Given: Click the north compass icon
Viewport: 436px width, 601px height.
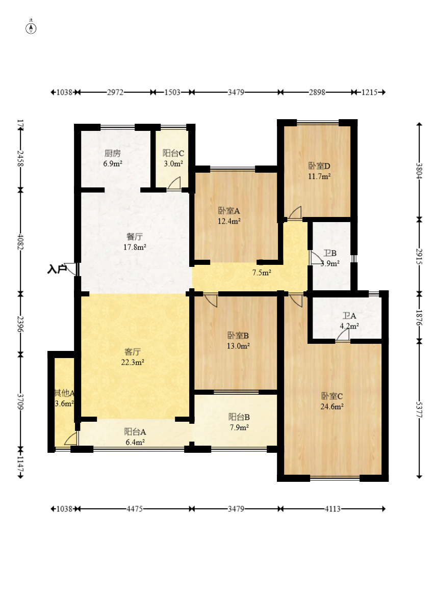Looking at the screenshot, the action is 31,28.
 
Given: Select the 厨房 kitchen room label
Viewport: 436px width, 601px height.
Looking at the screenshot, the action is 113,153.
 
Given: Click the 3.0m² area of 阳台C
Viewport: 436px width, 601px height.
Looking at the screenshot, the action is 173,163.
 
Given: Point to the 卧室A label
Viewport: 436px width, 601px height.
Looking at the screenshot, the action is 229,211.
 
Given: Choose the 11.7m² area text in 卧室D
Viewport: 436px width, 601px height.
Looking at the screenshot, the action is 319,176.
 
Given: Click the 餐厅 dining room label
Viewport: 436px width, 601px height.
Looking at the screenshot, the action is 134,236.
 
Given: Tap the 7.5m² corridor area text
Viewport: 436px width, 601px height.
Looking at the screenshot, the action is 262,273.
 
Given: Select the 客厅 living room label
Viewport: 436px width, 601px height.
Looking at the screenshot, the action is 133,351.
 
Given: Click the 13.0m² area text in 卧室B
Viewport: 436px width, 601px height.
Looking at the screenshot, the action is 238,346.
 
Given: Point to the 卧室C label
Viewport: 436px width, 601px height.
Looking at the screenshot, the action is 332,396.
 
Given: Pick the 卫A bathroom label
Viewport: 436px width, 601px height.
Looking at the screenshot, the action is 349,316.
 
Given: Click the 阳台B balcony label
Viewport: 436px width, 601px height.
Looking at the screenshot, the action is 239,417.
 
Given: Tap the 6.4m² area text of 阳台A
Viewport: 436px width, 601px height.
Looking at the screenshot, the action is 135,442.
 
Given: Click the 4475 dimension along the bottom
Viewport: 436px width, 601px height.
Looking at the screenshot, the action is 134,509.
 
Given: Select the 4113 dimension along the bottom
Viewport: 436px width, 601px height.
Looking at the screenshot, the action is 332,509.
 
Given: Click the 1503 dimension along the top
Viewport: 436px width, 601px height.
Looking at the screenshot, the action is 172,92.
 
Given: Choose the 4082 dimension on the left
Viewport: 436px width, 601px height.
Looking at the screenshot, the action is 21,242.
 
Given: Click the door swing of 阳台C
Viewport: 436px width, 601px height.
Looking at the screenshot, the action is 174,183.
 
